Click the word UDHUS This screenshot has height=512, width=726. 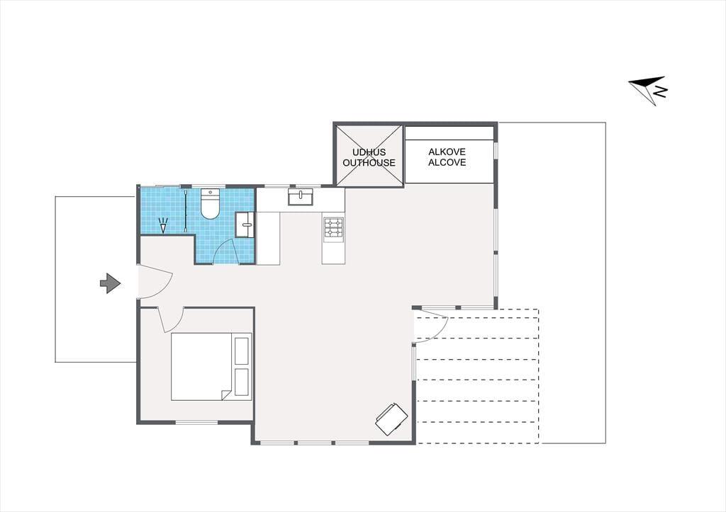click(369, 152)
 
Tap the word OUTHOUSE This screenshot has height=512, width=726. click(369, 163)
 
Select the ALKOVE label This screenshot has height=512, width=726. click(447, 152)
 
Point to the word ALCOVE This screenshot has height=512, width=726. click(447, 162)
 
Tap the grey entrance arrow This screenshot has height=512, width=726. click(110, 283)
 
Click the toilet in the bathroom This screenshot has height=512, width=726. click(210, 203)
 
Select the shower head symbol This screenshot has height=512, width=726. click(162, 225)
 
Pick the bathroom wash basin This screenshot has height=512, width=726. click(245, 224)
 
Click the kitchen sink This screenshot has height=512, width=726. click(301, 197)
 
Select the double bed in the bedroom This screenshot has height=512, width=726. click(211, 366)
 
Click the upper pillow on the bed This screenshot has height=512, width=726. click(242, 351)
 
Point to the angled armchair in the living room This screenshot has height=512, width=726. click(391, 419)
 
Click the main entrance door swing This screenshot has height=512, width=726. click(155, 281)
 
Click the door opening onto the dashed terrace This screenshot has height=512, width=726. click(431, 326)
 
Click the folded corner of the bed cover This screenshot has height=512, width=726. click(226, 395)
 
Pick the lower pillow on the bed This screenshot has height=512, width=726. click(242, 382)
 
